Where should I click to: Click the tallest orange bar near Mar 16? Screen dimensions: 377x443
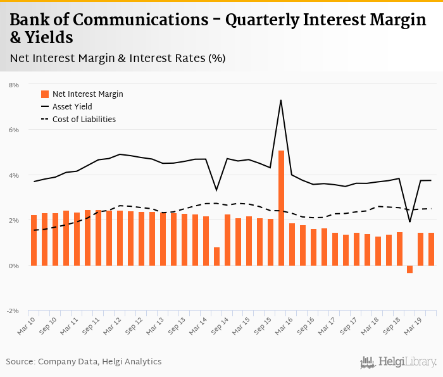pos(281,208)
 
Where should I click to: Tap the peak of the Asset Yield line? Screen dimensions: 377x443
pos(280,101)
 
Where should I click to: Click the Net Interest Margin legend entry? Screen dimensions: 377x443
pos(87,94)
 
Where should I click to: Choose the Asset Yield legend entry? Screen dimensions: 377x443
pos(72,107)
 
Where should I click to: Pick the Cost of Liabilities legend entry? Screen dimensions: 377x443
pos(84,119)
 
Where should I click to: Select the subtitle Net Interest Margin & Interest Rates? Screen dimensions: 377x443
pos(118,58)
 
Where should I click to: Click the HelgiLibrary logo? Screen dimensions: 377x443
pos(398,362)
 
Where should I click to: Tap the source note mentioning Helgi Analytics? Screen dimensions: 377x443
pos(84,362)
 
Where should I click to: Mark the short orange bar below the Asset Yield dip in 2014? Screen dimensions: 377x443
pos(216,256)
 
